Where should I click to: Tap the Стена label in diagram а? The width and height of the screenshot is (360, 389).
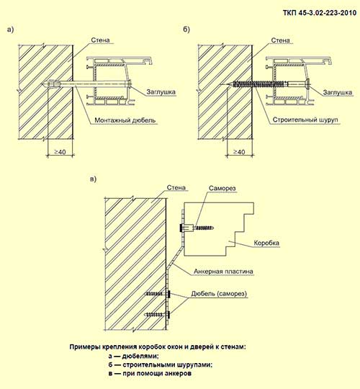point(102,41)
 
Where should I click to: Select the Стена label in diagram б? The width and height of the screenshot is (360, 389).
point(277,41)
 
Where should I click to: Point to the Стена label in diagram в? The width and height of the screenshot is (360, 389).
point(177,188)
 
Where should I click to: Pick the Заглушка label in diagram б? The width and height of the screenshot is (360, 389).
point(337,91)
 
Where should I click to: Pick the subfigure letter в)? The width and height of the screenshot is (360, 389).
point(89,179)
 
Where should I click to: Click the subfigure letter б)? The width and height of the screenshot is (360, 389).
point(187,30)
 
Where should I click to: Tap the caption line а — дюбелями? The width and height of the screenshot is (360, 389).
point(132,356)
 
